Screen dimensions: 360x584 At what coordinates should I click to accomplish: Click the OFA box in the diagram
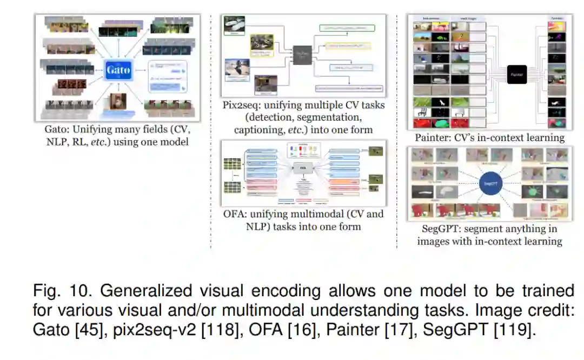point(303,169)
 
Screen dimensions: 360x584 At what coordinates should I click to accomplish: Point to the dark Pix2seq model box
point(304,54)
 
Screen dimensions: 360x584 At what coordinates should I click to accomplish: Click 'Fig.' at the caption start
point(44,291)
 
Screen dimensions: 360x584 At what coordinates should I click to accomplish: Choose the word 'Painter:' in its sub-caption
point(433,137)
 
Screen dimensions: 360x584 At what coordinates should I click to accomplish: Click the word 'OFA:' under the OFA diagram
point(234,214)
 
